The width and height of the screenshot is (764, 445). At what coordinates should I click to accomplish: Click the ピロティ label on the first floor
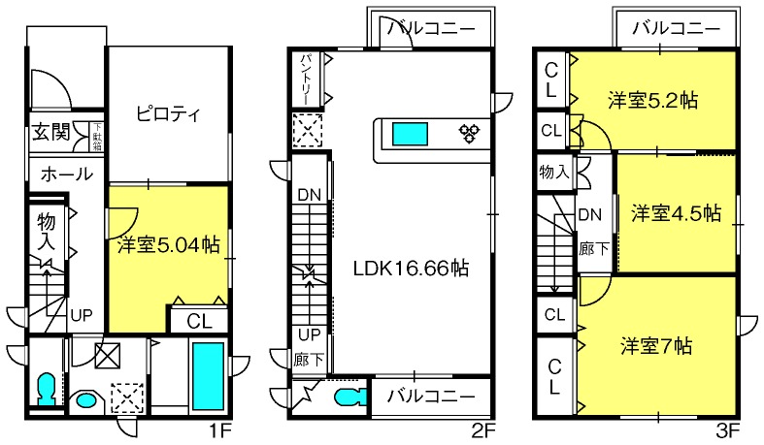click(x=168, y=113)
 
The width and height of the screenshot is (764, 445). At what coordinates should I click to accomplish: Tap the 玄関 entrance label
click(x=51, y=132)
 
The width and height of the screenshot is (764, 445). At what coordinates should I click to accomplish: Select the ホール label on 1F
click(x=66, y=174)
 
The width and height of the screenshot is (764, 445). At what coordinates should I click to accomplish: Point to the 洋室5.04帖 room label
click(x=168, y=244)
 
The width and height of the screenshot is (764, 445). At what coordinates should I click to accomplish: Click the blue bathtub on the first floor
click(x=208, y=376)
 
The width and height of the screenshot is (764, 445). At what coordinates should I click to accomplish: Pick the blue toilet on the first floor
click(x=47, y=389)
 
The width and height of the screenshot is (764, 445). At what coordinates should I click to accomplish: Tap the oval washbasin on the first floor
click(x=85, y=400)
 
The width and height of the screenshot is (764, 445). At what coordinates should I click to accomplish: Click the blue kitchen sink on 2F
click(x=410, y=134)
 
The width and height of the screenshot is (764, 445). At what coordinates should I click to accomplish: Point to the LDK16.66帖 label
click(x=411, y=268)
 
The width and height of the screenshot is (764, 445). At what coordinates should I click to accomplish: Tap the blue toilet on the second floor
click(x=350, y=397)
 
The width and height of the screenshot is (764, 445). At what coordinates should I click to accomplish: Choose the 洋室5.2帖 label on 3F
click(x=652, y=100)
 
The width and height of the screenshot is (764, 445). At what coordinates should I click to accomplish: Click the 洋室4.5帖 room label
click(x=677, y=213)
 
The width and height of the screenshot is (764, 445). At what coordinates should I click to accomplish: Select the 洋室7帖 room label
click(x=656, y=346)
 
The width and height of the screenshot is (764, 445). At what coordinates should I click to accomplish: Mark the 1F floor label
click(x=220, y=430)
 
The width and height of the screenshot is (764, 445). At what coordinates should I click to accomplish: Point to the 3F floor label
click(x=728, y=430)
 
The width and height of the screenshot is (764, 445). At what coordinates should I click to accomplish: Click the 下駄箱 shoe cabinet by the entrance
click(x=97, y=136)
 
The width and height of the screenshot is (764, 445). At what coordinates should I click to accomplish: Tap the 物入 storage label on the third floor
click(x=554, y=172)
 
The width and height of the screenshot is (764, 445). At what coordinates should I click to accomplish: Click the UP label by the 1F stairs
click(x=81, y=316)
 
